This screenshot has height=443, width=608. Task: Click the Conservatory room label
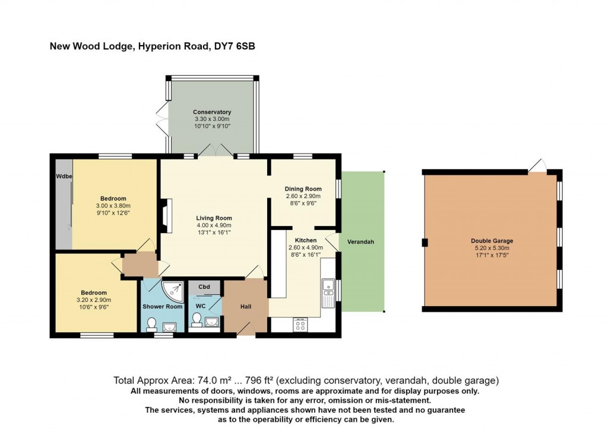click(212, 112)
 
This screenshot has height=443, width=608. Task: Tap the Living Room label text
click(214, 218)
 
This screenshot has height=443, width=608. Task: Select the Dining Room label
click(303, 189)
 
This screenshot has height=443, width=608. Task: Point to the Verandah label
click(360, 242)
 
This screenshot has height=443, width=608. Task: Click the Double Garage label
click(492, 241)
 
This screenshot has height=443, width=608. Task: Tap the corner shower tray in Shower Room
click(173, 292)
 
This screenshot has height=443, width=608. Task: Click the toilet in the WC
click(197, 320)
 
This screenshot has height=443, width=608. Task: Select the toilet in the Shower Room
click(151, 324)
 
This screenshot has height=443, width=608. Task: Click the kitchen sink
click(328, 292)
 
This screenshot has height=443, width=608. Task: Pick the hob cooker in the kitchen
click(300, 324)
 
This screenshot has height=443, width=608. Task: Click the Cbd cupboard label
click(204, 287)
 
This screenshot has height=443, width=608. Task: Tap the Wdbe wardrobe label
click(64, 177)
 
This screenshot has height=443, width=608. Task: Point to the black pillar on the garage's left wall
click(425, 243)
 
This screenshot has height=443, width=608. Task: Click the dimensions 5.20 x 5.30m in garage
click(492, 248)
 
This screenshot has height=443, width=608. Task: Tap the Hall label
click(246, 307)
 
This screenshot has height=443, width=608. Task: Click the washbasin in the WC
click(211, 321)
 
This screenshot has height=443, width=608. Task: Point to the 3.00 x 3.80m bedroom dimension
click(113, 206)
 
